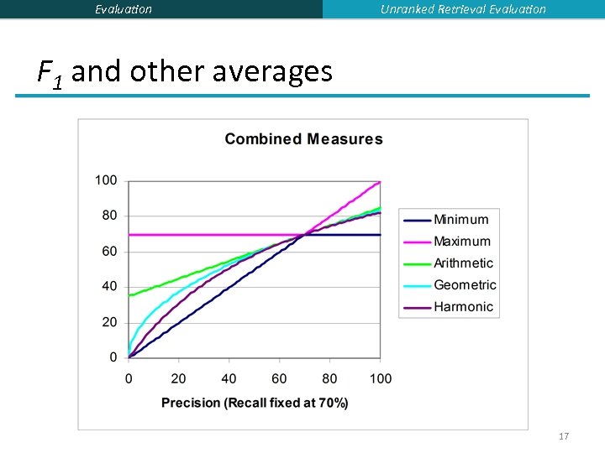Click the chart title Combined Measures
[303, 139]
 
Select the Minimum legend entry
[460, 220]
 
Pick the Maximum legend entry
[462, 242]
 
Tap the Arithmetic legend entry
[463, 263]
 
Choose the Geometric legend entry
[465, 285]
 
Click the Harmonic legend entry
[463, 307]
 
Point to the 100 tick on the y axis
[106, 180]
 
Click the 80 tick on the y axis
[109, 216]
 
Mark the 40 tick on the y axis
[109, 287]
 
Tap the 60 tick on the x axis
[280, 379]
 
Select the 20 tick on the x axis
[179, 379]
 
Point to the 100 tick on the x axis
[381, 379]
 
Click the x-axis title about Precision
[255, 403]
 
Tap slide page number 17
[564, 436]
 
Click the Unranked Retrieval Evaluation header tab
[463, 9]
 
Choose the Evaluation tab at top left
[124, 9]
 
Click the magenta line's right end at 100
[380, 181]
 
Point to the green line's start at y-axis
[129, 295]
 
